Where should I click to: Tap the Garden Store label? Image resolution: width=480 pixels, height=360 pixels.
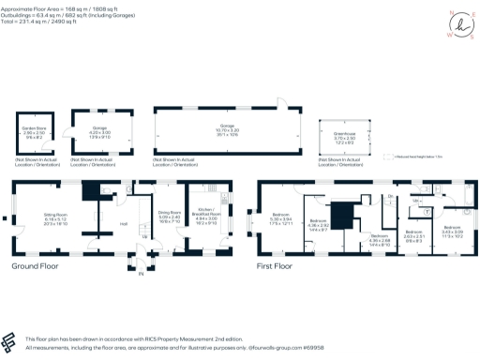(x=34, y=131)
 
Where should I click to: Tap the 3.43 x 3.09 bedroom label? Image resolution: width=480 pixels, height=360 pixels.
(x=453, y=231)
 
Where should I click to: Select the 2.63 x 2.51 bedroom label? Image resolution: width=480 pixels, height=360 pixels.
(x=414, y=234)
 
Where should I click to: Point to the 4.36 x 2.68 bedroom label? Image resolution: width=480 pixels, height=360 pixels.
(x=380, y=239)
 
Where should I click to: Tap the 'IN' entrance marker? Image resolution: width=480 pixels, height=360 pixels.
(x=142, y=274)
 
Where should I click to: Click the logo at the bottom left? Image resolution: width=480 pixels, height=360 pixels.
(x=11, y=340)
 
